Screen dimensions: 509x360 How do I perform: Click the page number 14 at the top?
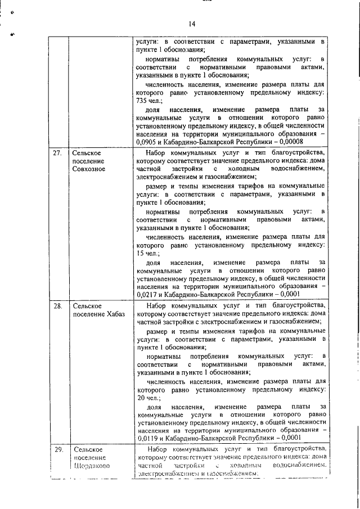coord(192,24)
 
